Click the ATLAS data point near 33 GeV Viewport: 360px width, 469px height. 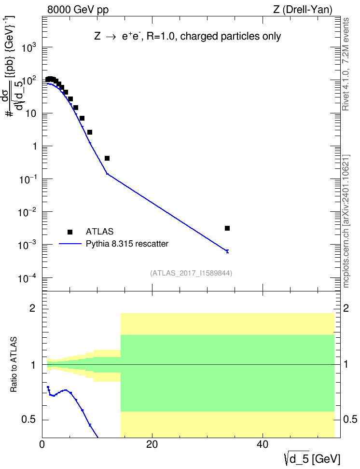pyautogui.click(x=227, y=228)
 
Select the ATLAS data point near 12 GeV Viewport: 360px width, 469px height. pyautogui.click(x=107, y=158)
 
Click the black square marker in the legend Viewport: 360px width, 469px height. pyautogui.click(x=70, y=232)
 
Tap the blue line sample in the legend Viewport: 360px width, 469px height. pyautogui.click(x=70, y=244)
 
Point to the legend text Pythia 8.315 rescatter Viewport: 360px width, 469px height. pyautogui.click(x=127, y=244)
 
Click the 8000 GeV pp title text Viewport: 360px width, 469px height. pyautogui.click(x=78, y=10)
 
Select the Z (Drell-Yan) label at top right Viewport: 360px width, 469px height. pyautogui.click(x=303, y=10)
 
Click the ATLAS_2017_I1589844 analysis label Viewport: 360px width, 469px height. pyautogui.click(x=191, y=273)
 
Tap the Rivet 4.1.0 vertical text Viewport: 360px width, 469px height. pyautogui.click(x=346, y=64)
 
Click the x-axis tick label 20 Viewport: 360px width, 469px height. pyautogui.click(x=152, y=444)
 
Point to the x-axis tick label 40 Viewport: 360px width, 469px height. pyautogui.click(x=262, y=444)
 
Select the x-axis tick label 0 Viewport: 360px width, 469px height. pyautogui.click(x=42, y=444)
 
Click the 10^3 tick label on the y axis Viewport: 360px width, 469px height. pyautogui.click(x=29, y=47)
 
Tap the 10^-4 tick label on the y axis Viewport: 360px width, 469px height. pyautogui.click(x=27, y=278)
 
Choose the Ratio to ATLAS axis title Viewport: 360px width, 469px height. pyautogui.click(x=14, y=365)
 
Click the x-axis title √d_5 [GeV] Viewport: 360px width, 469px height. pyautogui.click(x=312, y=459)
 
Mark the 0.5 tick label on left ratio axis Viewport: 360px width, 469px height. pyautogui.click(x=29, y=419)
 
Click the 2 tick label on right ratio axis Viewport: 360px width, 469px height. pyautogui.click(x=346, y=308)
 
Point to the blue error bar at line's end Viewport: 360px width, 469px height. pyautogui.click(x=227, y=251)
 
